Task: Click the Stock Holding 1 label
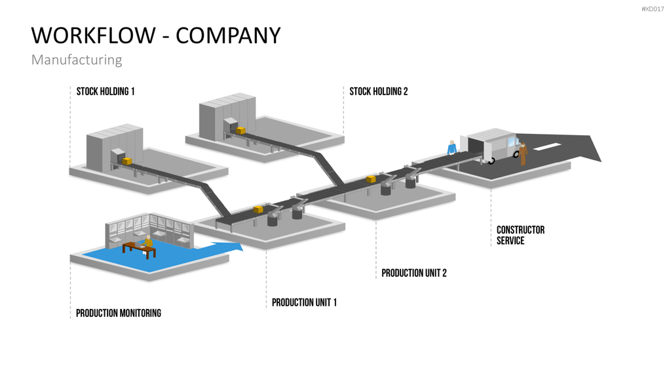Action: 105,91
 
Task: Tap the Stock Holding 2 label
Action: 378,91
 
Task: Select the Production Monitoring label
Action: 119,313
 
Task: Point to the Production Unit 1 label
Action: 304,303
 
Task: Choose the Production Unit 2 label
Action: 414,273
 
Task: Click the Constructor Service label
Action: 520,236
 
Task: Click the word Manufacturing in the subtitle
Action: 77,60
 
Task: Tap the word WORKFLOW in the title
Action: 93,35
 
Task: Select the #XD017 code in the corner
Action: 653,9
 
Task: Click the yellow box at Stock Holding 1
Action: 127,161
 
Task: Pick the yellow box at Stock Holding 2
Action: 241,131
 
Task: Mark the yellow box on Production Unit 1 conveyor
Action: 258,209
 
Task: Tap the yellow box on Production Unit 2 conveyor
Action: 371,178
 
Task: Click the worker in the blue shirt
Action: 451,148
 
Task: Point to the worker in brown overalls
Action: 522,154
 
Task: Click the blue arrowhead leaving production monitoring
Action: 235,247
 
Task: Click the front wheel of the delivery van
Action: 491,161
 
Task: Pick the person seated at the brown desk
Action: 147,241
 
